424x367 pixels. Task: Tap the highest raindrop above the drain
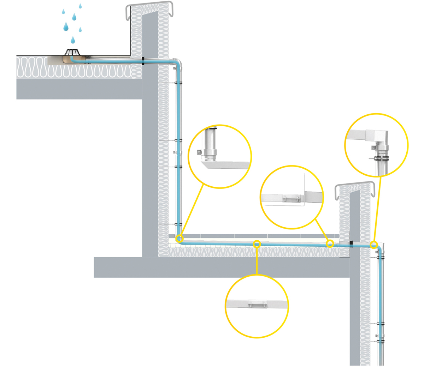click(80, 6)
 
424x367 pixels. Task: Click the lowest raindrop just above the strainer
click(73, 39)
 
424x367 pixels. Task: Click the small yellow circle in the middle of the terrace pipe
click(257, 243)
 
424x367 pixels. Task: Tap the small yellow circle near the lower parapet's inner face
click(330, 243)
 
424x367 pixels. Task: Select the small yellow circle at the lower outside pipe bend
click(373, 244)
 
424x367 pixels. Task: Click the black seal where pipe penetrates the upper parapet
click(143, 61)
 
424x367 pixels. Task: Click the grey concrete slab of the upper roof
click(78, 88)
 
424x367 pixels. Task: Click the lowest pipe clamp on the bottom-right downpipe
click(380, 341)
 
